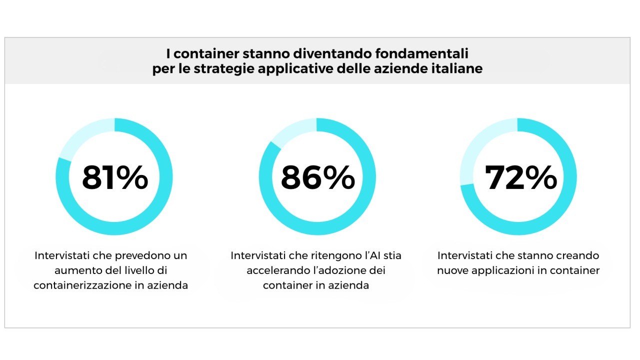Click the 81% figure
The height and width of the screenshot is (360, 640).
(x=114, y=177)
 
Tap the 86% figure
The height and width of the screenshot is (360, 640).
(x=317, y=177)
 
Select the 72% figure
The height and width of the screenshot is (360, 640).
(x=520, y=177)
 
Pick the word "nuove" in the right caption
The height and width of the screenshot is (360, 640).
(x=454, y=270)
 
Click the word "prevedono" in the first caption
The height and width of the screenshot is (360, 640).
(x=143, y=255)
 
